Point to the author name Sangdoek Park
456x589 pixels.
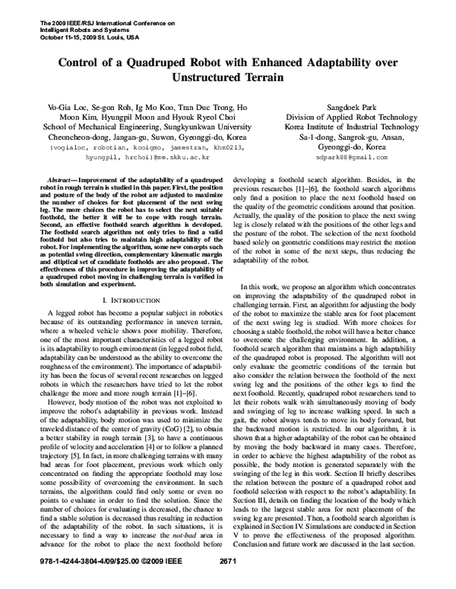331,109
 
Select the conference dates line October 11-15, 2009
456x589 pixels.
79,35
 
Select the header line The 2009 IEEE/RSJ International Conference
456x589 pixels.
92,21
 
